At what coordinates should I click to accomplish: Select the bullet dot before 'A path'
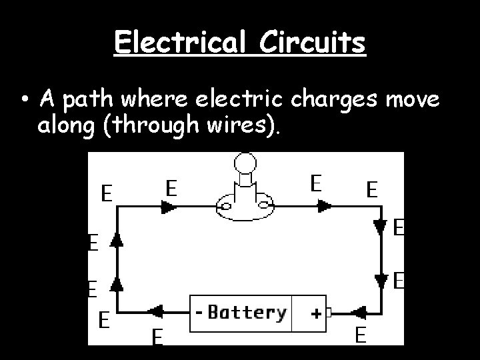(x=24, y=102)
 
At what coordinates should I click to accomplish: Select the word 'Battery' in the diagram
(x=246, y=312)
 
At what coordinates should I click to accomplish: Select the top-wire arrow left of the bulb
(x=165, y=207)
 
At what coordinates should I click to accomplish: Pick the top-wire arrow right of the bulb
(x=325, y=207)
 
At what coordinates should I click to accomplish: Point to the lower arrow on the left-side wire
(x=117, y=286)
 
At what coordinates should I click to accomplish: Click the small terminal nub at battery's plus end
(x=329, y=311)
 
